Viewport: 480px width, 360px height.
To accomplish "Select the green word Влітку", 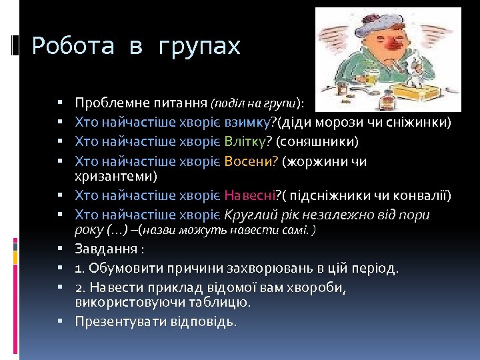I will pyautogui.click(x=248, y=141).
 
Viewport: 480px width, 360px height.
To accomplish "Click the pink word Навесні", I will pyautogui.click(x=250, y=195).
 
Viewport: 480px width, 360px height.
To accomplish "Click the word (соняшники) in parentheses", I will pyautogui.click(x=317, y=141).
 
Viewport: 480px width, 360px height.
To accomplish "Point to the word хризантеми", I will pyautogui.click(x=116, y=176).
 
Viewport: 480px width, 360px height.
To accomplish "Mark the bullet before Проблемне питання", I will pyautogui.click(x=60, y=103).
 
